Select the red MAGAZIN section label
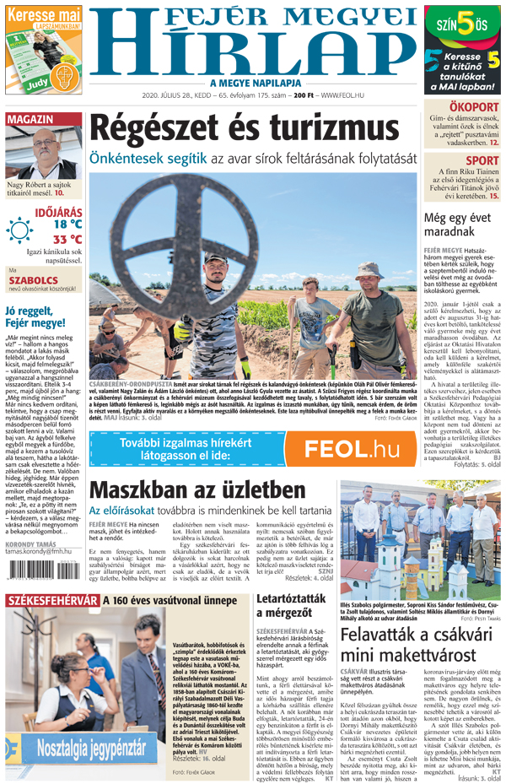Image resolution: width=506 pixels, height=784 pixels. pyautogui.click(x=31, y=119)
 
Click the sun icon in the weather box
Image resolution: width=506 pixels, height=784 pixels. pyautogui.click(x=19, y=230)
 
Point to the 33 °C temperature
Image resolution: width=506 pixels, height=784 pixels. pyautogui.click(x=67, y=240)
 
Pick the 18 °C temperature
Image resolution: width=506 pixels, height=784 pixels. pyautogui.click(x=67, y=224)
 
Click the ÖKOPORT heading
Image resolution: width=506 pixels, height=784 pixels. pyautogui.click(x=474, y=107)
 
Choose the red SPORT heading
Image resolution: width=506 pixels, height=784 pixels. pyautogui.click(x=482, y=160)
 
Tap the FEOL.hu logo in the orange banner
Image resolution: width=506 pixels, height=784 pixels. pyautogui.click(x=351, y=448)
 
